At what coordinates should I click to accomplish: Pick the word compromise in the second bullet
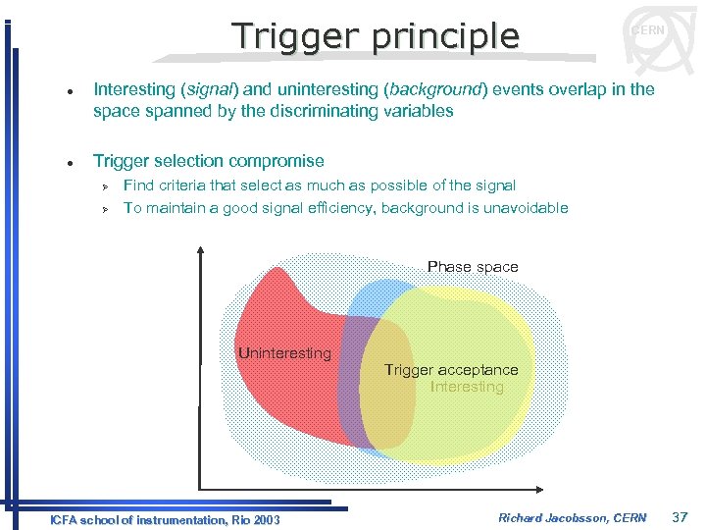[x=276, y=161]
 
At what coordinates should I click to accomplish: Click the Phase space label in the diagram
[x=473, y=267]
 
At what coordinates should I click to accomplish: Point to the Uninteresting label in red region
[x=284, y=353]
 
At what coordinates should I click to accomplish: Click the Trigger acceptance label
[x=451, y=370]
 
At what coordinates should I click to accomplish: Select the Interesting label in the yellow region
[x=467, y=387]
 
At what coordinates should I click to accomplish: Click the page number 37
[x=681, y=517]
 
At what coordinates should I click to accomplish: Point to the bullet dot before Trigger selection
[x=61, y=162]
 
